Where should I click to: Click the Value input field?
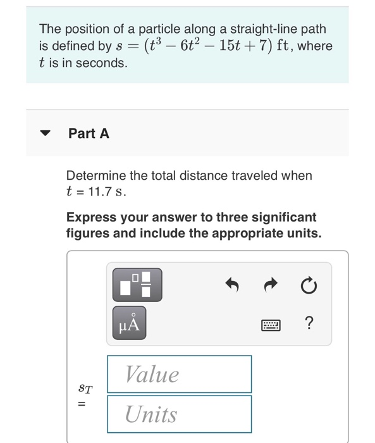179,374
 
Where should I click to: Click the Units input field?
179,415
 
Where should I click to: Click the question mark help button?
308,325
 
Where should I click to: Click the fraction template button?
137,284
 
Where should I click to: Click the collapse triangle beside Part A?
45,134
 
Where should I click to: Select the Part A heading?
89,134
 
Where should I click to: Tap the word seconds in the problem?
105,63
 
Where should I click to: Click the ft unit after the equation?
277,46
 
